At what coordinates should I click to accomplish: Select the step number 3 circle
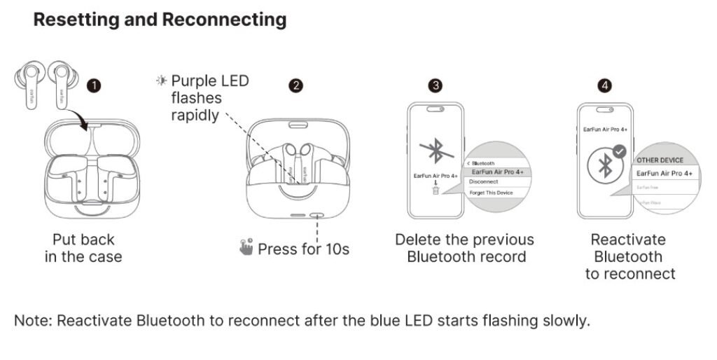pos(436,85)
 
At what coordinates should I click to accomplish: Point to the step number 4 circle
pos(604,85)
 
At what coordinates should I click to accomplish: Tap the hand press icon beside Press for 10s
pos(246,248)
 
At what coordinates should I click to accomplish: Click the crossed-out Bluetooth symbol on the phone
pos(435,153)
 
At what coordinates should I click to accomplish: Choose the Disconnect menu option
pos(484,181)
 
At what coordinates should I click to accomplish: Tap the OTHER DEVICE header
pos(660,160)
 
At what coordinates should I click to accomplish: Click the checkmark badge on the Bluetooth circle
pos(620,151)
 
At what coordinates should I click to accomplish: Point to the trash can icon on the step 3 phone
pos(435,191)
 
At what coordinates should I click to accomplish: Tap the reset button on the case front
pos(316,216)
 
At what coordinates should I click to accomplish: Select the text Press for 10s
pos(303,249)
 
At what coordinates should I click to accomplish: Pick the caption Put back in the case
pos(83,248)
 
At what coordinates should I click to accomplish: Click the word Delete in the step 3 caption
pos(418,240)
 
